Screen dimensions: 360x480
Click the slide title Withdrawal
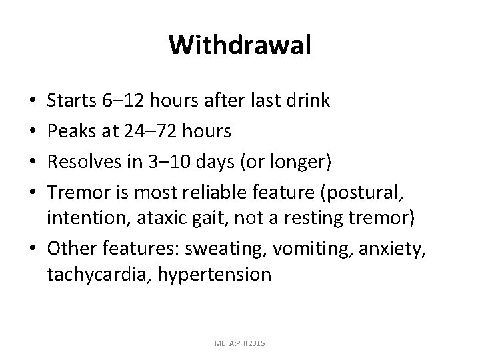(x=240, y=45)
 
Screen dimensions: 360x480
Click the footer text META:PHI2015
(x=240, y=342)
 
